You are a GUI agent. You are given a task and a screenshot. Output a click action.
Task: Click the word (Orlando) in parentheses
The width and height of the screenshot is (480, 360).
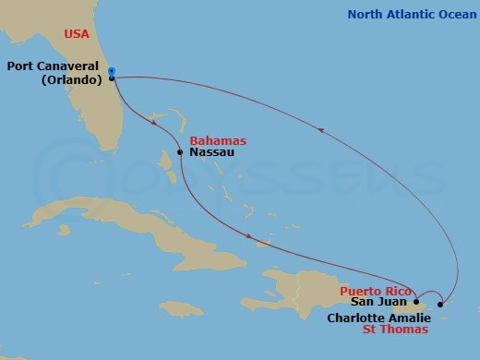coord(72,79)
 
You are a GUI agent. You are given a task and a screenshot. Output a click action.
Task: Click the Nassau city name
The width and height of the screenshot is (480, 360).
coord(211,152)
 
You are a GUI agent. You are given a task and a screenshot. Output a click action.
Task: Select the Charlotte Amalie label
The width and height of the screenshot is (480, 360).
coord(379,317)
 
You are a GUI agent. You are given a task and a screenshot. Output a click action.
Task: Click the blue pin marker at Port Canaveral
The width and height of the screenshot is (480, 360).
coord(111,70)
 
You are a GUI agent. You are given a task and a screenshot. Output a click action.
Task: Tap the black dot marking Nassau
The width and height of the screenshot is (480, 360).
coord(180,152)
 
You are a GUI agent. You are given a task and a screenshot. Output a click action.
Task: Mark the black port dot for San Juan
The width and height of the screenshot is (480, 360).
coord(416,301)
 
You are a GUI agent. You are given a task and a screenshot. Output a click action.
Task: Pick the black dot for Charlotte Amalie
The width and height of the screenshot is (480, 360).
coord(440,304)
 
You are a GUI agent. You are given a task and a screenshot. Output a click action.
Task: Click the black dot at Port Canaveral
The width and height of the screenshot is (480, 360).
coord(112,78)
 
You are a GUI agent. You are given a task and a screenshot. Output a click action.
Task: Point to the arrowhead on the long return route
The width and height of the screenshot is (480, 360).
coord(322,130)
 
